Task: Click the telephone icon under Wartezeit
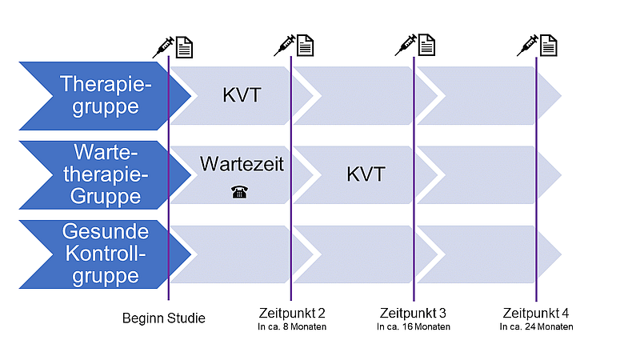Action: pyautogui.click(x=239, y=191)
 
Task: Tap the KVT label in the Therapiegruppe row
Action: pyautogui.click(x=242, y=95)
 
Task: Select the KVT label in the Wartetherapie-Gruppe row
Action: pyautogui.click(x=366, y=174)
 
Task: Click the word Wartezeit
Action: pyautogui.click(x=242, y=164)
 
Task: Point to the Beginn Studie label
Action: pyautogui.click(x=164, y=318)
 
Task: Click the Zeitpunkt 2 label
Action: pyautogui.click(x=292, y=313)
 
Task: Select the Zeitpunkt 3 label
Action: pyautogui.click(x=413, y=313)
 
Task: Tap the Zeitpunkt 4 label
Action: pyautogui.click(x=535, y=313)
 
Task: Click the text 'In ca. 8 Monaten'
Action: pyautogui.click(x=292, y=326)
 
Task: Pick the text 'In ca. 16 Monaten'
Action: pyautogui.click(x=414, y=326)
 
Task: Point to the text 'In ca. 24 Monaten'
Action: pyautogui.click(x=536, y=326)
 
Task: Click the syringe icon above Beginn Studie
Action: pyautogui.click(x=163, y=47)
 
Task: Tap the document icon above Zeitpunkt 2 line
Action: pyautogui.click(x=305, y=46)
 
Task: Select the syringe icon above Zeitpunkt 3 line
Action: pyautogui.click(x=406, y=45)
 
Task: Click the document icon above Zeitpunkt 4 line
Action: pyautogui.click(x=549, y=46)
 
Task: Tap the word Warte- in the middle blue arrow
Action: pyautogui.click(x=106, y=152)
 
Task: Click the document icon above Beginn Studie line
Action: pyautogui.click(x=184, y=48)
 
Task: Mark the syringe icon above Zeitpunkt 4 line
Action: pyautogui.click(x=528, y=46)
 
